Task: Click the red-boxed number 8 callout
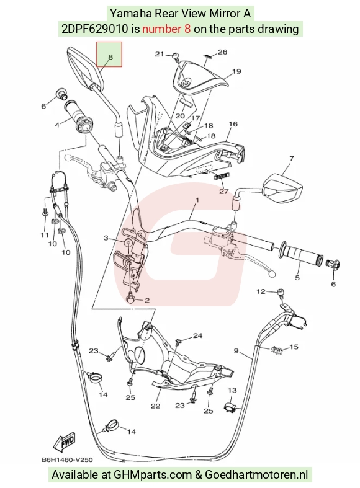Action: [x=110, y=57]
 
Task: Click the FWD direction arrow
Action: [x=65, y=441]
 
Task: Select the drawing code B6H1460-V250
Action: [x=67, y=459]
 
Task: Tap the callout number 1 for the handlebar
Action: [x=197, y=200]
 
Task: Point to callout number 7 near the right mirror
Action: [x=292, y=158]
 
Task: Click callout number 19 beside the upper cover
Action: [x=236, y=71]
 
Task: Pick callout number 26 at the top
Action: [x=222, y=52]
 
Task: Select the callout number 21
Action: [x=160, y=54]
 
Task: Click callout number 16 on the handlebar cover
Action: [x=233, y=124]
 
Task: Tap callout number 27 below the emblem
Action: [x=224, y=191]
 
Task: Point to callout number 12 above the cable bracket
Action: [x=261, y=291]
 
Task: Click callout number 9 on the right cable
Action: [x=236, y=351]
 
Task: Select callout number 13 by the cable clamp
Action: [x=232, y=390]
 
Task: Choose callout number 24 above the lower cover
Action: [x=197, y=335]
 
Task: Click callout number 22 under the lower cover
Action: [x=155, y=406]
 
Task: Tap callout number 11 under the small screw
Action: [x=45, y=235]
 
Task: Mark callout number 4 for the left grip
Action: [x=57, y=125]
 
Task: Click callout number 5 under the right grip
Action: [x=297, y=277]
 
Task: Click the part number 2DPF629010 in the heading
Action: [x=95, y=29]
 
